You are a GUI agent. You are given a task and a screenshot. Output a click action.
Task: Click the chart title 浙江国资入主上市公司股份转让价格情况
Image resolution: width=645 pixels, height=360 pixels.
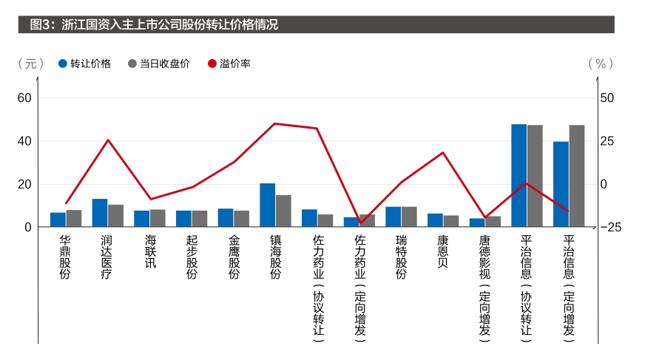point(169,24)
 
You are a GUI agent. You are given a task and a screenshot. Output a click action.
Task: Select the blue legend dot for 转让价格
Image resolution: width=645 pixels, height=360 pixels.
point(63,64)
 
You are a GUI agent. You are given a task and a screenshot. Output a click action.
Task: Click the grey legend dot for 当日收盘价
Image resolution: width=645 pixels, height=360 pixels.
point(132,64)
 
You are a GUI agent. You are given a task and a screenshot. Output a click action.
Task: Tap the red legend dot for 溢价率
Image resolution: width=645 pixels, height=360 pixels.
point(212,64)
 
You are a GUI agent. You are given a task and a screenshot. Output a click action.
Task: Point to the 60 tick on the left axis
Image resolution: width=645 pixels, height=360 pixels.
point(24,98)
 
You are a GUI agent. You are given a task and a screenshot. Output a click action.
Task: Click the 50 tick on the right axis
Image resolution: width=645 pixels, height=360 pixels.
point(607,98)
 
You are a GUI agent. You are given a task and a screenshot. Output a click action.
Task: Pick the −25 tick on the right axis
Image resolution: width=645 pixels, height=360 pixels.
point(611,227)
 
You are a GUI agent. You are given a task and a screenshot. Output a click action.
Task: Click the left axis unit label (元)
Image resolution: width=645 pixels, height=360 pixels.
point(31,64)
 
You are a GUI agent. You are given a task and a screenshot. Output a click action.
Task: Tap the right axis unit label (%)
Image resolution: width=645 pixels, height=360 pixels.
point(601,64)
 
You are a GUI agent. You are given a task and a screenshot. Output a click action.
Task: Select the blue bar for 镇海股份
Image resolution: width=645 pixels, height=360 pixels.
point(267,205)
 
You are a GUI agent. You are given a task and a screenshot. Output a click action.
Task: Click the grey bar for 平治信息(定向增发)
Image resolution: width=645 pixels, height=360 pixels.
point(577,176)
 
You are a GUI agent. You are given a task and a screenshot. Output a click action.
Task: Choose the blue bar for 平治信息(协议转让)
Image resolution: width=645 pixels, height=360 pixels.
point(519,175)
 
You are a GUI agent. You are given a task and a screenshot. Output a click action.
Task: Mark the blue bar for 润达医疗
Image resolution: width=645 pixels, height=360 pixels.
point(100,213)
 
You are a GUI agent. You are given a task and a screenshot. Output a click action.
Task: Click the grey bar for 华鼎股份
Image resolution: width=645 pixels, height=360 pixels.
point(74,218)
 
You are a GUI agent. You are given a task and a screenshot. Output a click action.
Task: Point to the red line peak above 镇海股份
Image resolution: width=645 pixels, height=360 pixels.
point(274,123)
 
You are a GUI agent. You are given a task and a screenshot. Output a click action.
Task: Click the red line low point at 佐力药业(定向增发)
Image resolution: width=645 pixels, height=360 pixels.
point(361,223)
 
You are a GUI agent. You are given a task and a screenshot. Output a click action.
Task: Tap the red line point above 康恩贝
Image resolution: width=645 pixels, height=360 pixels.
point(442,152)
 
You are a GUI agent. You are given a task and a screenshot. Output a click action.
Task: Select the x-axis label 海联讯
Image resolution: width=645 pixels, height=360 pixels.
point(151,251)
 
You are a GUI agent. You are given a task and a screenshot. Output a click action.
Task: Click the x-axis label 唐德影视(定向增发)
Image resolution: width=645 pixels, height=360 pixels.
point(485,288)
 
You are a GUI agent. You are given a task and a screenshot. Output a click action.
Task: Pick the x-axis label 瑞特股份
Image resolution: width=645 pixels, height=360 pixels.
point(401,257)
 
